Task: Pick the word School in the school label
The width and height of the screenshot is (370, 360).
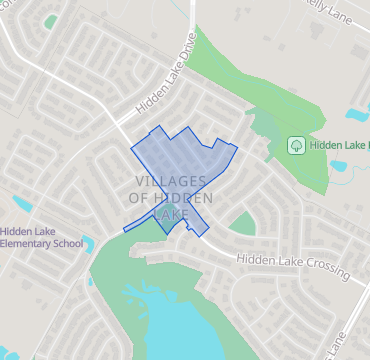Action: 67,243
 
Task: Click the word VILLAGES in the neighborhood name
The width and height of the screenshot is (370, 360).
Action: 170,181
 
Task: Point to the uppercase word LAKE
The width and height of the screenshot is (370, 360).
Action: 171,215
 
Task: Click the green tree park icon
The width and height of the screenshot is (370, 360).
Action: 296,146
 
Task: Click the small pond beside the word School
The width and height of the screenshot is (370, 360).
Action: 89,243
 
